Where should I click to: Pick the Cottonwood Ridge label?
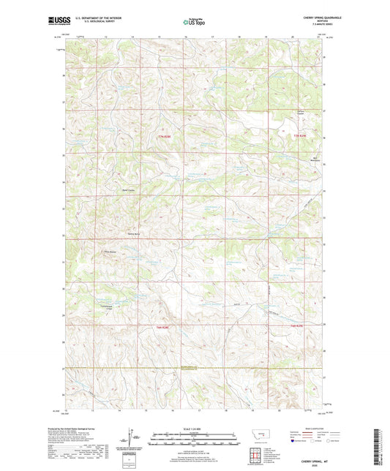point(105,308)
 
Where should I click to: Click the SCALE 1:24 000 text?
point(195,429)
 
